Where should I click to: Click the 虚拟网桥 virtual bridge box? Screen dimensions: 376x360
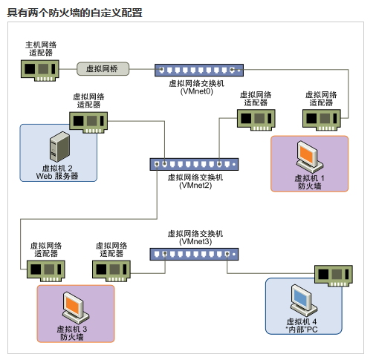(x=103, y=69)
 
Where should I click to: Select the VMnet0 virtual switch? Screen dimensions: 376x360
(x=199, y=70)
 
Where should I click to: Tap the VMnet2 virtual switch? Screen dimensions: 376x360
(x=194, y=164)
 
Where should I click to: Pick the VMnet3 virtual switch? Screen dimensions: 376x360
(x=194, y=254)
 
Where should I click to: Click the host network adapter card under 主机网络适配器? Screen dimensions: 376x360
(x=40, y=71)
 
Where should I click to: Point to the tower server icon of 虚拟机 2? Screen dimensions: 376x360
(x=59, y=146)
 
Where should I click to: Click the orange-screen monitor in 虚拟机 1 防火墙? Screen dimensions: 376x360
(x=310, y=157)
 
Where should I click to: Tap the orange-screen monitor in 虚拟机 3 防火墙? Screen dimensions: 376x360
(x=76, y=308)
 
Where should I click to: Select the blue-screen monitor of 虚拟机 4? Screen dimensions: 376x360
(x=304, y=301)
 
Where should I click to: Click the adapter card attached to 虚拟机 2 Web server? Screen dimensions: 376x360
(x=88, y=122)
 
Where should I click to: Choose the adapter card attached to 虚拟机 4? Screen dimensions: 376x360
(x=334, y=275)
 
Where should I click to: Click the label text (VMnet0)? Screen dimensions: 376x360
(x=197, y=91)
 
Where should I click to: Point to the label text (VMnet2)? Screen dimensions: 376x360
(x=195, y=186)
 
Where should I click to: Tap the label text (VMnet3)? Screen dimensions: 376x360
(x=195, y=241)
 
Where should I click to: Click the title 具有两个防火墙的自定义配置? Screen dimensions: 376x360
(x=75, y=13)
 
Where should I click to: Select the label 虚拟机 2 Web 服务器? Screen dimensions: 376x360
(x=57, y=172)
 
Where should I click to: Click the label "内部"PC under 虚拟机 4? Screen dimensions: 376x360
(x=302, y=330)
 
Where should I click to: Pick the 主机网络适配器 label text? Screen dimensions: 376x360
(x=41, y=49)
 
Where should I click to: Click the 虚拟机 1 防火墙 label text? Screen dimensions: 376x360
(x=309, y=182)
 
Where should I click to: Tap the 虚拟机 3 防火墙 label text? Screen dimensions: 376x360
(x=72, y=333)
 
